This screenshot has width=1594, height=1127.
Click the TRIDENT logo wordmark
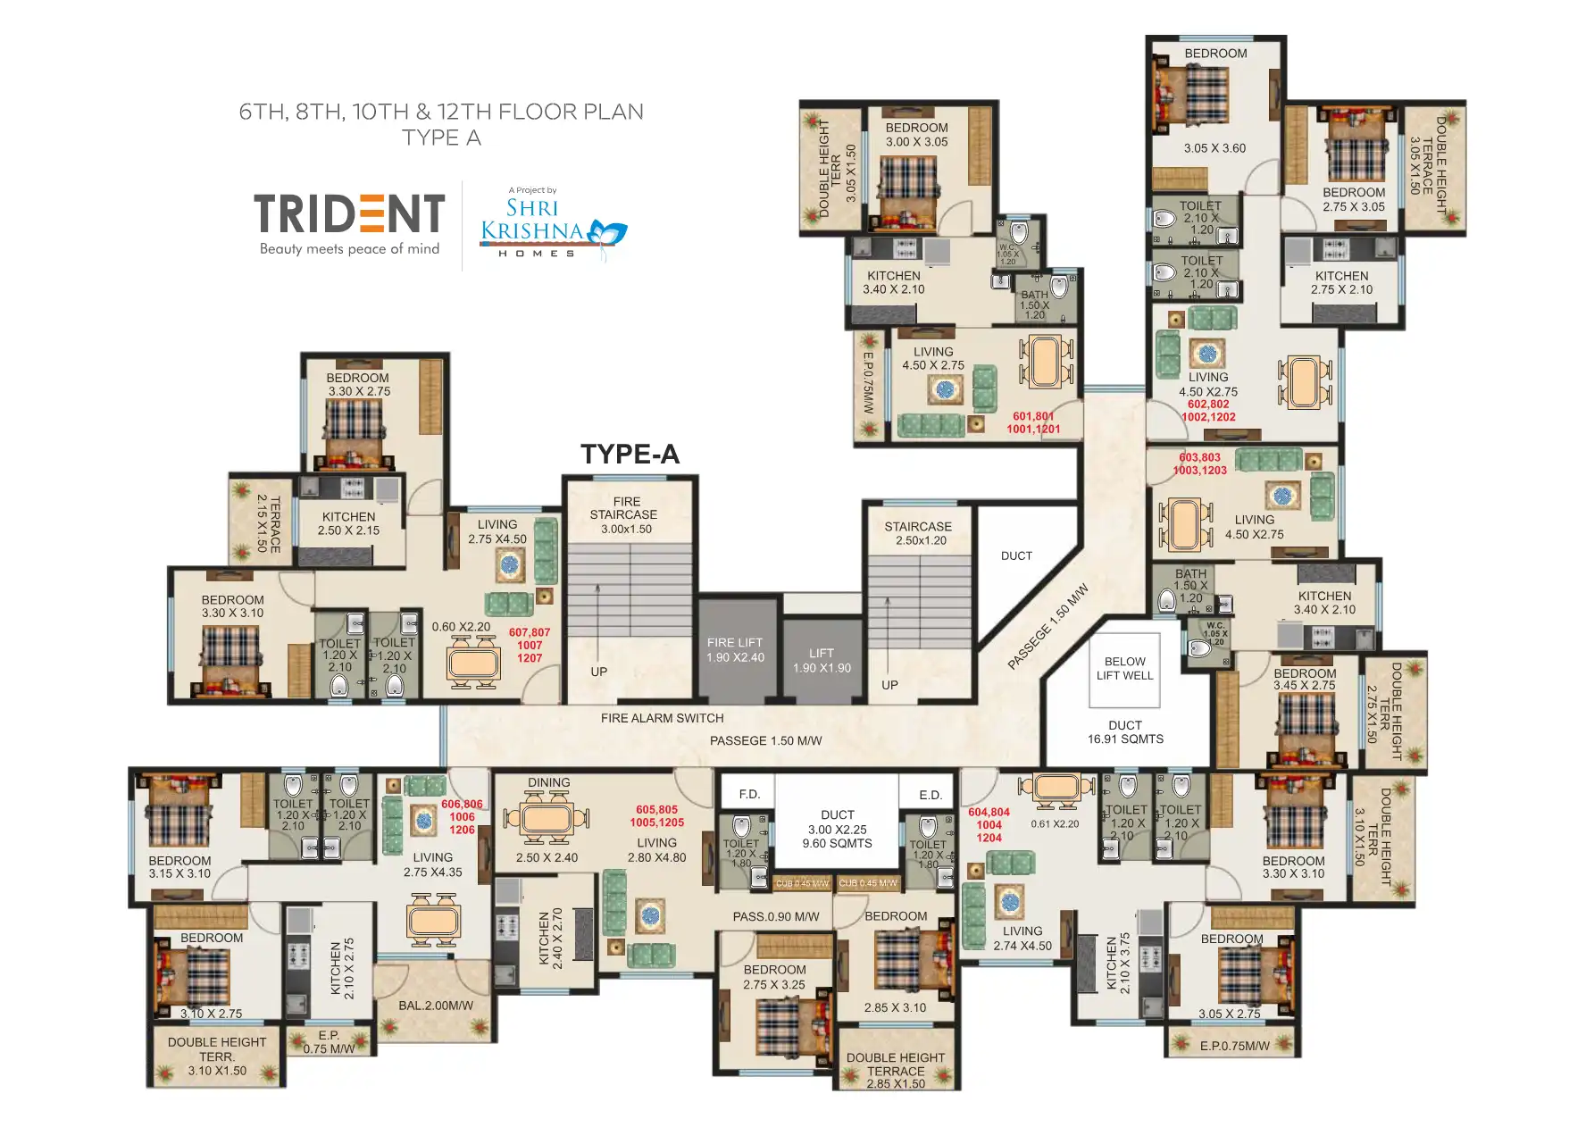pos(349,214)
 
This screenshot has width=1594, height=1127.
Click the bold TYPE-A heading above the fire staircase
pos(630,455)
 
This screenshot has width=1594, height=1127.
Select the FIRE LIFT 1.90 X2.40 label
pos(735,650)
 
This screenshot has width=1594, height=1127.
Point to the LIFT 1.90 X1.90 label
pos(822,661)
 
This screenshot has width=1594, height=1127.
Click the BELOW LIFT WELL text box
pos(1124,669)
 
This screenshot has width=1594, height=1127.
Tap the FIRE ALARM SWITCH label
pos(662,718)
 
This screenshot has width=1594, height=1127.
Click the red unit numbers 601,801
pos(1033,416)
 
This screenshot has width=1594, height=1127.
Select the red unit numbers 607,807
pos(530,632)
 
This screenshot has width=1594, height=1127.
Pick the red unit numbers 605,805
pos(656,810)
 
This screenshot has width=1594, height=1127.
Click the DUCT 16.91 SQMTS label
pos(1125,732)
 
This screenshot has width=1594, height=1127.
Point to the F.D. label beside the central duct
pos(749,794)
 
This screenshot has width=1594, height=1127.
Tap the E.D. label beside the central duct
pos(930,795)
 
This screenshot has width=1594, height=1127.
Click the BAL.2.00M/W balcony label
pos(436,1006)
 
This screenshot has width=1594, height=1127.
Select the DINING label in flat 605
pos(548,782)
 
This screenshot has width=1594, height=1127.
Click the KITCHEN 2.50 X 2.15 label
pos(348,523)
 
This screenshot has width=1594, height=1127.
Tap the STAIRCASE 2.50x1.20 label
pos(918,533)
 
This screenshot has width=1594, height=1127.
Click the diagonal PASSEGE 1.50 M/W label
pos(1047,627)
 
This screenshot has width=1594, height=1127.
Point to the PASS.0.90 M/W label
pos(775,916)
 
